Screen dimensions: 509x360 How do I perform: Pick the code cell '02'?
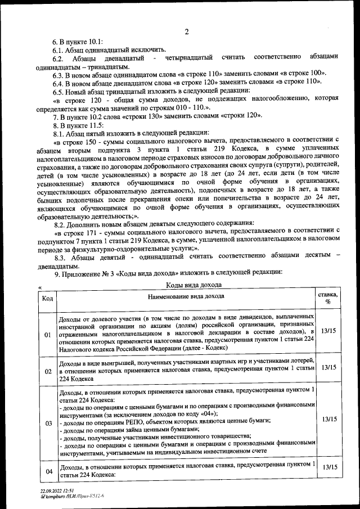coord(48,371)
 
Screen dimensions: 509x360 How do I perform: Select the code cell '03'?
coord(48,422)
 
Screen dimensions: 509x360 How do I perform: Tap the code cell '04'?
coord(48,470)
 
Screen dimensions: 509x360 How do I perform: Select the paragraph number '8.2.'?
coord(60,223)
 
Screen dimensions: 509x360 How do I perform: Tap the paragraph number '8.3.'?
coord(70,256)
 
